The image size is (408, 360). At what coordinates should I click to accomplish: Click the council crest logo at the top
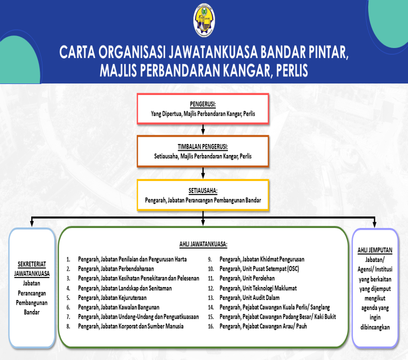(204, 20)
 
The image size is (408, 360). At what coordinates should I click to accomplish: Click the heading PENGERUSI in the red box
(203, 104)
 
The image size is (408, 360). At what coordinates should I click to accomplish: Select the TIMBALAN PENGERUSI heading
(203, 147)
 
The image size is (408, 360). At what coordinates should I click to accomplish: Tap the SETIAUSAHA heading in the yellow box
(203, 191)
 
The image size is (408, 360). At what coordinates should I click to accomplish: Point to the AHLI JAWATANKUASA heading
(203, 244)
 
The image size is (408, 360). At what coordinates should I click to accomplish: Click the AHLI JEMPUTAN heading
(375, 250)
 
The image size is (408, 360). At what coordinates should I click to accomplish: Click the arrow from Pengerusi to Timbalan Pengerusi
(203, 129)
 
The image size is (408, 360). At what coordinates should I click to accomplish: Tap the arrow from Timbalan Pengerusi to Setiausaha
(203, 173)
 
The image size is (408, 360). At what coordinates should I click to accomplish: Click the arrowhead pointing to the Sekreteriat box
(32, 223)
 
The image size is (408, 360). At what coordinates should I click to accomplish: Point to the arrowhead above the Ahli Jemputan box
(374, 224)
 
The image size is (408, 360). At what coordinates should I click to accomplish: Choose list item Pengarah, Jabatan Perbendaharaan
(116, 269)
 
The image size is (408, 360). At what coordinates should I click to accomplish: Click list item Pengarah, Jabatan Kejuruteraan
(112, 298)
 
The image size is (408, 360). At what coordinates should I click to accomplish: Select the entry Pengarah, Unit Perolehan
(247, 278)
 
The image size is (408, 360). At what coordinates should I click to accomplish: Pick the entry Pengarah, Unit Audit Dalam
(250, 298)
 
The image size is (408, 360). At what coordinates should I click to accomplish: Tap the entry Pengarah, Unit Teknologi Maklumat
(258, 288)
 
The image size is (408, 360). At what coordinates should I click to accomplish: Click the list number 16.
(211, 326)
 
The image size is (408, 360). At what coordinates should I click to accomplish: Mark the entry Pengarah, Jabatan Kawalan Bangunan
(119, 307)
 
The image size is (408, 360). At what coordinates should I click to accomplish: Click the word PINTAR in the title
(328, 52)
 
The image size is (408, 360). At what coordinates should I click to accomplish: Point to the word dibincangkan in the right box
(375, 327)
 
